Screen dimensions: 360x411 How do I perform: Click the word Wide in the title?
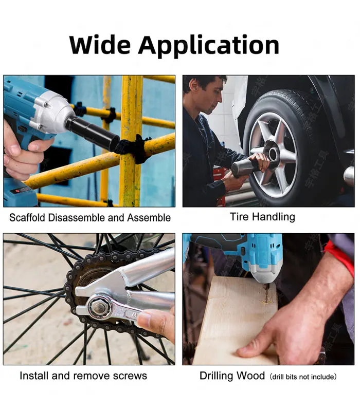(100, 45)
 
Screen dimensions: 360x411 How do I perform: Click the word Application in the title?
(209, 46)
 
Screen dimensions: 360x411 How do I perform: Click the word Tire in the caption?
(239, 217)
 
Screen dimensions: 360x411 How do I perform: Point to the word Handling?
(273, 217)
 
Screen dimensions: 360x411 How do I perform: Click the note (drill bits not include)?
(303, 377)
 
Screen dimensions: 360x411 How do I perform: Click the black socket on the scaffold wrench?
(93, 133)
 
